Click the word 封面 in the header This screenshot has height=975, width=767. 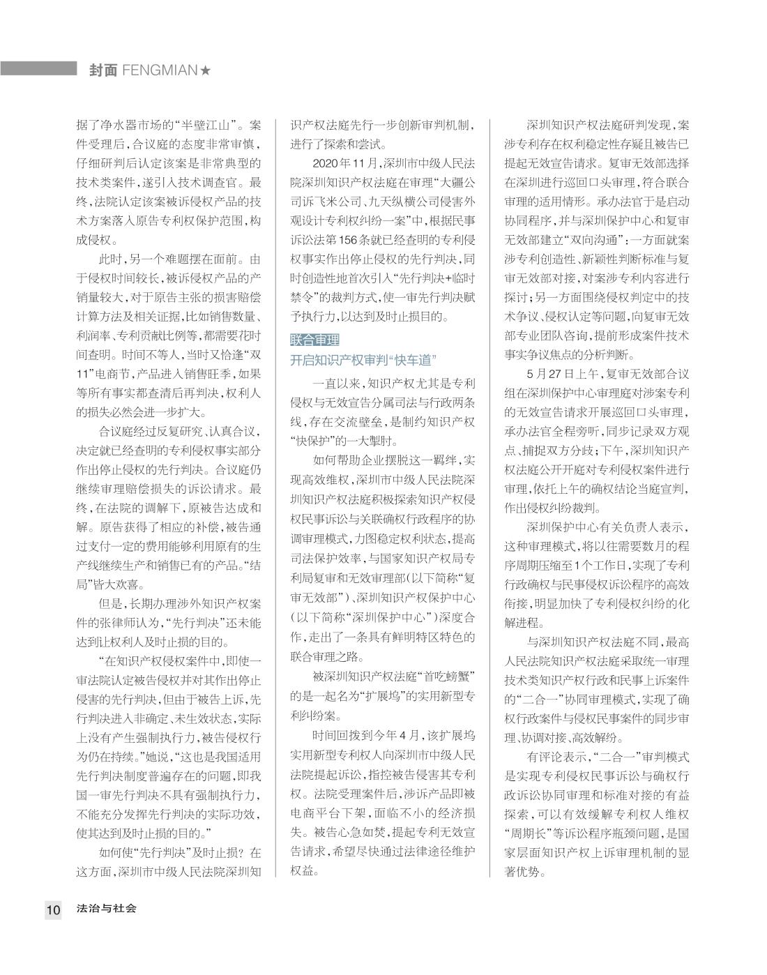coord(102,70)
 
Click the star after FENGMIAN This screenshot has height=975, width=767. coord(205,70)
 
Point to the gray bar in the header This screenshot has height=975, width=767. coord(38,68)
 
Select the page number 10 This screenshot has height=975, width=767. coord(54,909)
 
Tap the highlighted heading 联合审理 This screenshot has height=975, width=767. coord(314,340)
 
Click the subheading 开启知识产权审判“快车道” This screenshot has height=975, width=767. coord(363,360)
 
